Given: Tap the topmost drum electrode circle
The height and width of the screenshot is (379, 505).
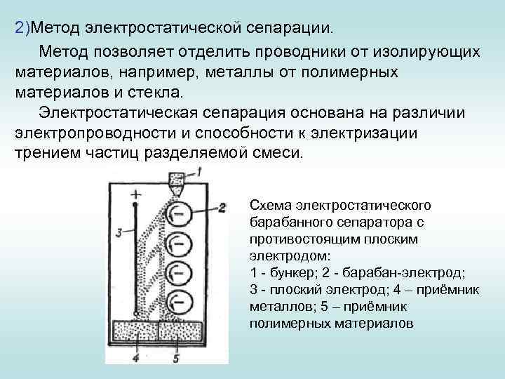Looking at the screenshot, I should pyautogui.click(x=179, y=210).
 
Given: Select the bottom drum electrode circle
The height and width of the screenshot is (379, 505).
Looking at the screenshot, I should pyautogui.click(x=180, y=303).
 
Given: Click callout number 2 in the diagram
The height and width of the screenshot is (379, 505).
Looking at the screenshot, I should pyautogui.click(x=223, y=208).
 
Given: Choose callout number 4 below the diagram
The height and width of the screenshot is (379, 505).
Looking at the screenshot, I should pyautogui.click(x=135, y=359).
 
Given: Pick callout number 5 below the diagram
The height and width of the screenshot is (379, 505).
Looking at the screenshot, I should pyautogui.click(x=176, y=359).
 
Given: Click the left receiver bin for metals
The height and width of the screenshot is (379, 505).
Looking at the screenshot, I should pyautogui.click(x=136, y=334).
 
